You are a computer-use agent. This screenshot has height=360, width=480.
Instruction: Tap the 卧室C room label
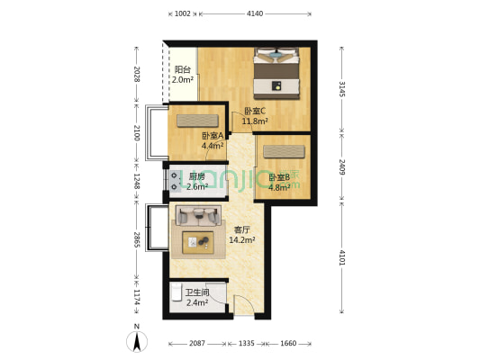click(255, 111)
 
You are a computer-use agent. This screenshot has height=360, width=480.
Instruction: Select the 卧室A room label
click(213, 136)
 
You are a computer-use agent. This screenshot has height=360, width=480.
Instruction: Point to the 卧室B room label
click(279, 178)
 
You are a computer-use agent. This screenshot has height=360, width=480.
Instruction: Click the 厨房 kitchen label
click(197, 176)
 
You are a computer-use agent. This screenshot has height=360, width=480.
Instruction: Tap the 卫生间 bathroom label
click(197, 292)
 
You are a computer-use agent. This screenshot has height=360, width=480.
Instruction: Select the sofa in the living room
click(198, 215)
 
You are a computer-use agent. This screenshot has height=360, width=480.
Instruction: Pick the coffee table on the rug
click(198, 242)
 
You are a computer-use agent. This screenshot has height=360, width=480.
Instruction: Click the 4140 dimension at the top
click(255, 13)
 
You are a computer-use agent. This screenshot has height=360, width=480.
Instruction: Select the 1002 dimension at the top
click(183, 13)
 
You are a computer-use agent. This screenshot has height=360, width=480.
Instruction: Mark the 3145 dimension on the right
click(341, 89)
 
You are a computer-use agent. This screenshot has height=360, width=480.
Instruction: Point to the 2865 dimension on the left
click(136, 239)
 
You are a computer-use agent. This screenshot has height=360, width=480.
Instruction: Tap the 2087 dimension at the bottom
click(198, 343)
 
